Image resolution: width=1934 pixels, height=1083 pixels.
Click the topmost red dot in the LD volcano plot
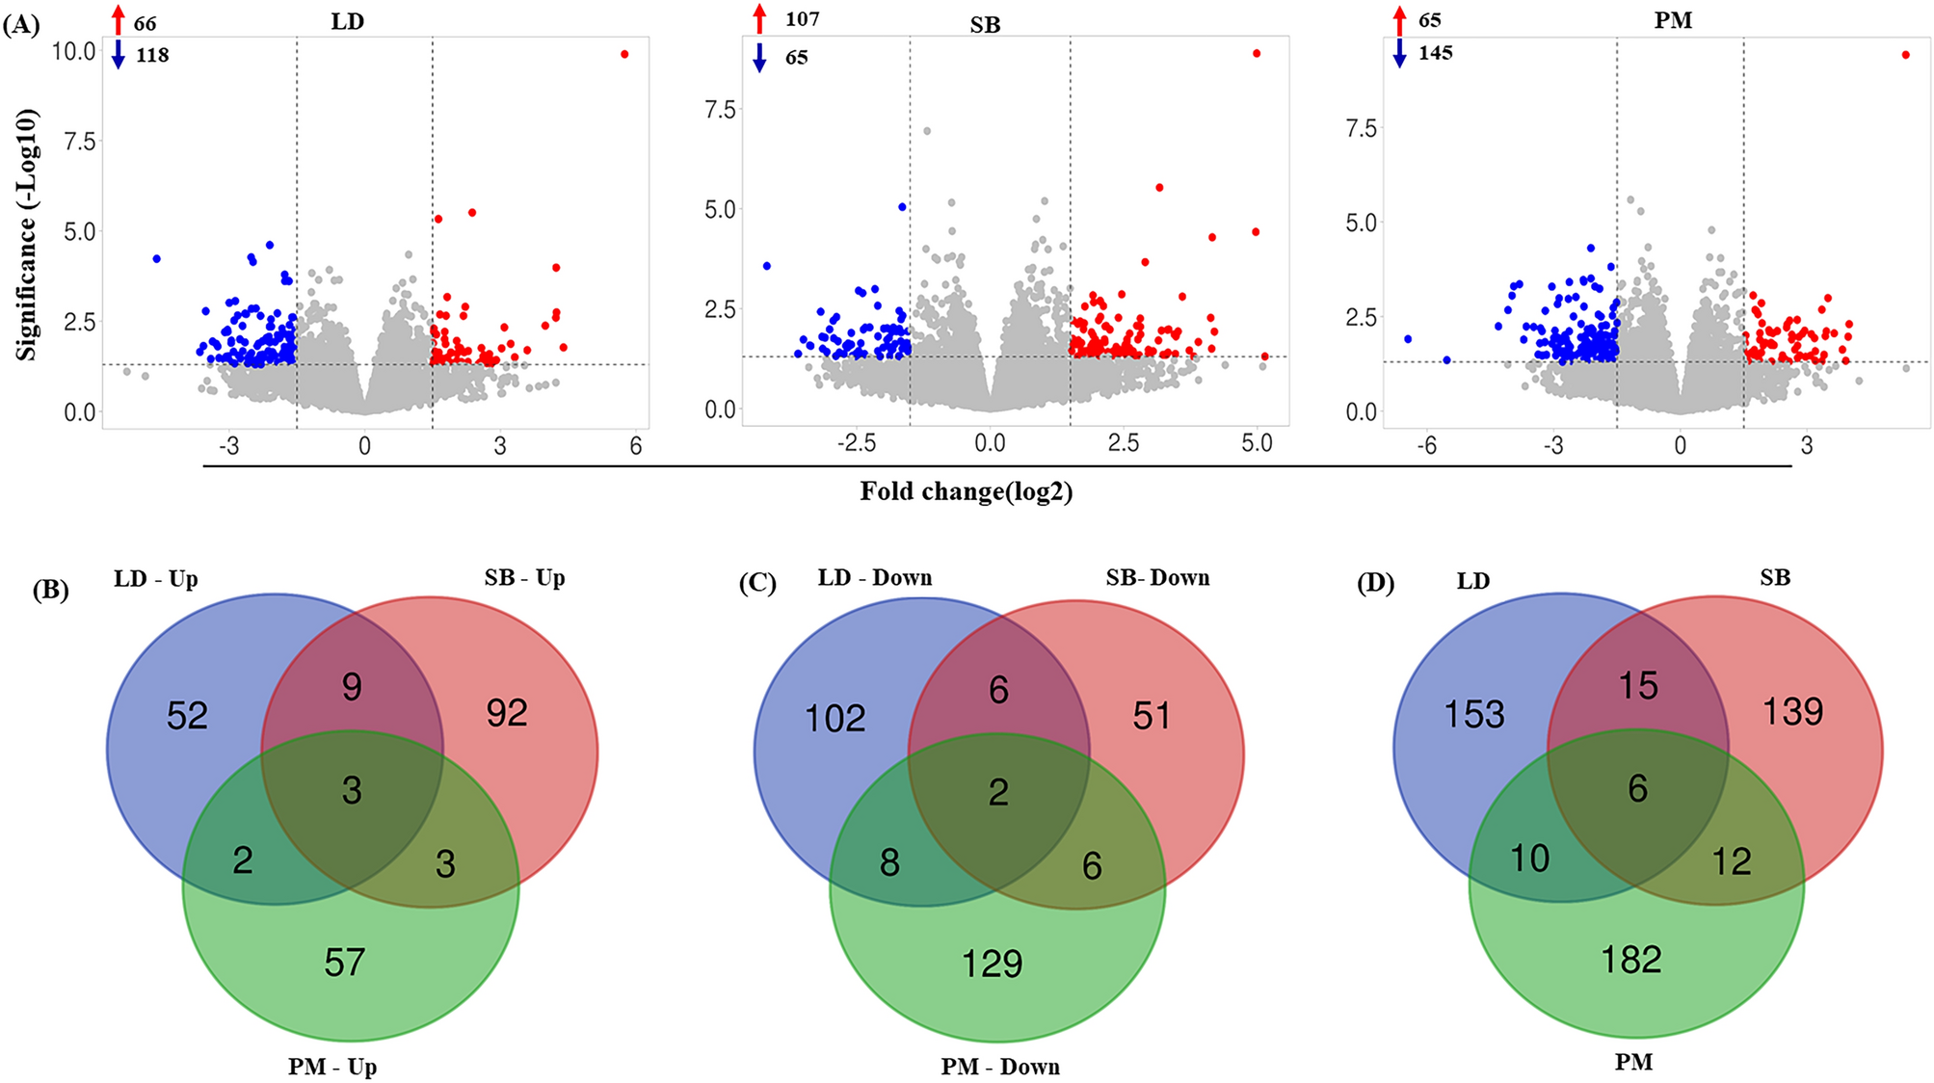click(624, 55)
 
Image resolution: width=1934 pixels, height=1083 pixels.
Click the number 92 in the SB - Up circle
click(507, 713)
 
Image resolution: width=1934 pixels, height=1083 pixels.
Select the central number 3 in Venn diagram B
click(352, 790)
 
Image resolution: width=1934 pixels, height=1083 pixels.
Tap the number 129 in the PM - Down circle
click(993, 964)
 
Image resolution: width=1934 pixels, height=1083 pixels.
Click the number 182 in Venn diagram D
click(1631, 960)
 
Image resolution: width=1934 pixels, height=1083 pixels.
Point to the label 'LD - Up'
click(156, 579)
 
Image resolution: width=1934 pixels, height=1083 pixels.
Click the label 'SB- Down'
click(1157, 578)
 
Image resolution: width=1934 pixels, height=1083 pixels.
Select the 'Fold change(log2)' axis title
click(966, 492)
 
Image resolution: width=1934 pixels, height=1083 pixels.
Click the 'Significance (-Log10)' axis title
click(27, 235)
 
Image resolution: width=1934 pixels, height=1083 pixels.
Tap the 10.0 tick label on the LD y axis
click(74, 51)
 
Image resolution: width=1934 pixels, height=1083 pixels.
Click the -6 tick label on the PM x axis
click(1426, 446)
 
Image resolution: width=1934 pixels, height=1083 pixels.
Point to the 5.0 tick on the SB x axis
click(1257, 443)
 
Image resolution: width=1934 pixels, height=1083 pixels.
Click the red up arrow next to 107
click(760, 19)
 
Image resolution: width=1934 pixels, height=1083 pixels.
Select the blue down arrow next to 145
click(1400, 54)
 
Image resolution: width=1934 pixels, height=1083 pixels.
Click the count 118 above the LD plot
click(152, 56)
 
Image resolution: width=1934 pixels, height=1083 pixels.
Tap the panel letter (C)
click(757, 584)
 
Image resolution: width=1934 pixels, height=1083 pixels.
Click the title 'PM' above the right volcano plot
click(1673, 21)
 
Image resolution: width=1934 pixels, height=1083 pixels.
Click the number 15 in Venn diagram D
click(1638, 686)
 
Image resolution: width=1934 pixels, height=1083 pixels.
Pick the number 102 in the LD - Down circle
click(835, 719)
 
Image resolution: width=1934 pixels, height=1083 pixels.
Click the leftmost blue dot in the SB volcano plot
click(767, 266)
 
